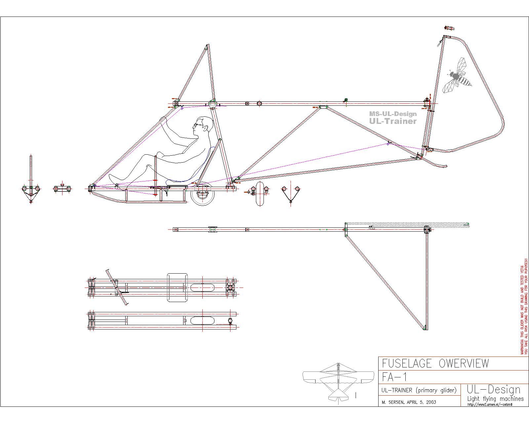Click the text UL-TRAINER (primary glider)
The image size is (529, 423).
(x=419, y=390)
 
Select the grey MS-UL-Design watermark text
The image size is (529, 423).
(x=393, y=114)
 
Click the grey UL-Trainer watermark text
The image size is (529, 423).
(x=393, y=121)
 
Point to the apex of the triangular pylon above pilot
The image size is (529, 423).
(x=208, y=46)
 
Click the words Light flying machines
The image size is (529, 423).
(x=495, y=399)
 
